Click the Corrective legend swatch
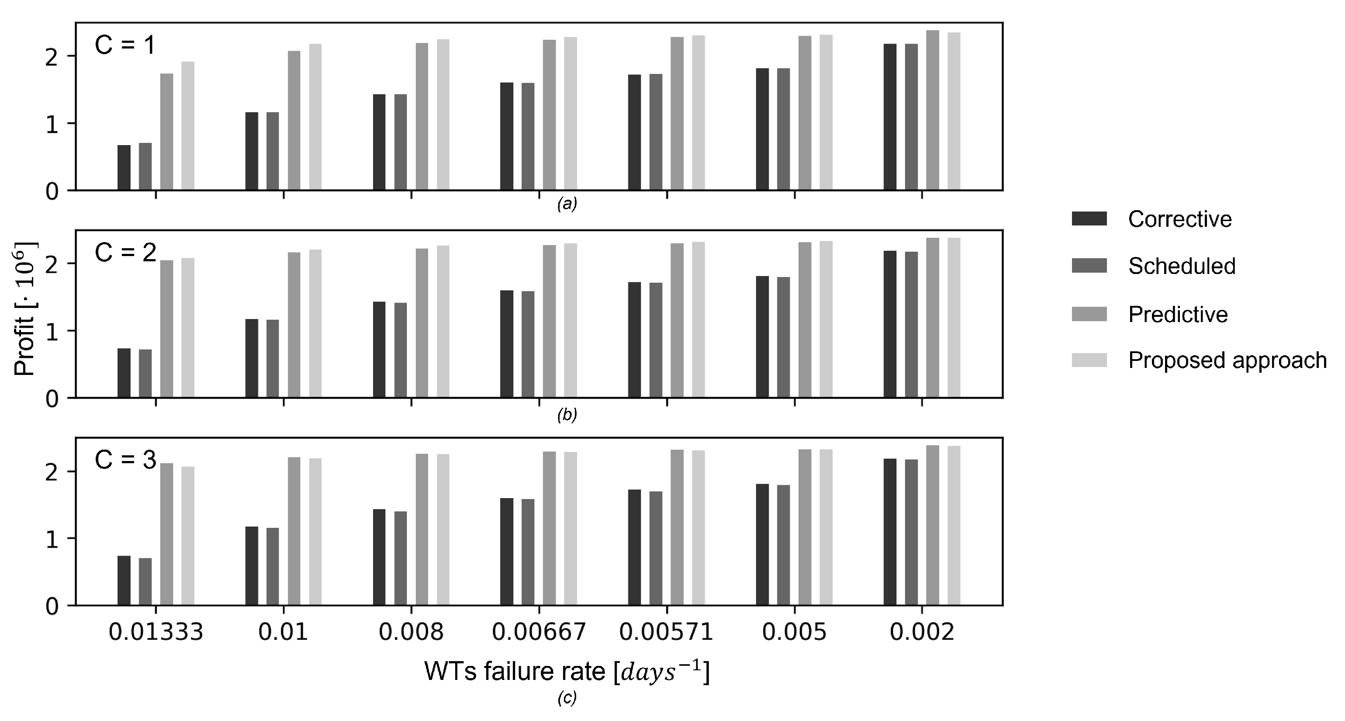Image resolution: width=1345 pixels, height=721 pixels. click(1089, 218)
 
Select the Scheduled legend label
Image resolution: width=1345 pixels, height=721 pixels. click(1182, 266)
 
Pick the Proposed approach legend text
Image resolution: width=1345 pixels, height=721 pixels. click(1227, 360)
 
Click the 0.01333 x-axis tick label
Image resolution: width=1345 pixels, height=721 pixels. click(156, 633)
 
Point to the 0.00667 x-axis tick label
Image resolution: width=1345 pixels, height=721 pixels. click(539, 633)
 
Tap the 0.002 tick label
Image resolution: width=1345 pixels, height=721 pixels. click(922, 633)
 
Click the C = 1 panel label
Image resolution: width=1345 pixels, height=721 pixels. click(125, 46)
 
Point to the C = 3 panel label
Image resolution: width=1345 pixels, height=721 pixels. click(125, 460)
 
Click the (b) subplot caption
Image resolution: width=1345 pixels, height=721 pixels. click(567, 415)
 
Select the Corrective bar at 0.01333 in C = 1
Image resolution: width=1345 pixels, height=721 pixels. click(124, 168)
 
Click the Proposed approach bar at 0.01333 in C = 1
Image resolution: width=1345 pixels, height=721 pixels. click(188, 126)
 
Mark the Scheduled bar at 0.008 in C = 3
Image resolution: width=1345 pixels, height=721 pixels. click(401, 558)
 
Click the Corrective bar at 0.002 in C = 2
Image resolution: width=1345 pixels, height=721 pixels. click(890, 324)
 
